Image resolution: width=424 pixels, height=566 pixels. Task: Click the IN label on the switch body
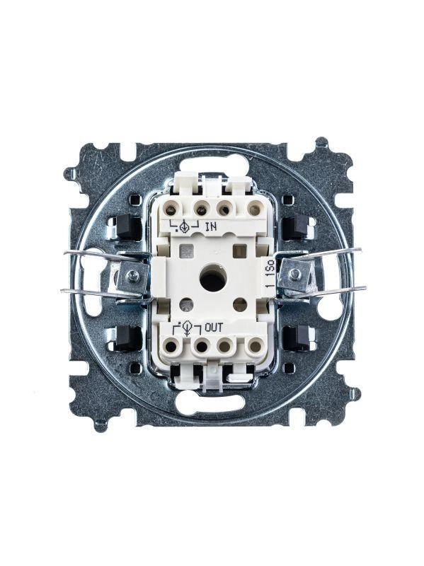tap(211, 227)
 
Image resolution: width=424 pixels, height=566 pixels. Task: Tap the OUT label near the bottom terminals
tap(214, 328)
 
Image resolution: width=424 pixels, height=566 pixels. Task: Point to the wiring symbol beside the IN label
tap(184, 226)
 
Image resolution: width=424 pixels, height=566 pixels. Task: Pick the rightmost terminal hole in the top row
tap(254, 209)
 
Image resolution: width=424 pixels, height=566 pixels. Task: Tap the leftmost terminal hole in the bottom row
tap(171, 347)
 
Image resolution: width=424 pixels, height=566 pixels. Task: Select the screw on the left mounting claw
tap(130, 276)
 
